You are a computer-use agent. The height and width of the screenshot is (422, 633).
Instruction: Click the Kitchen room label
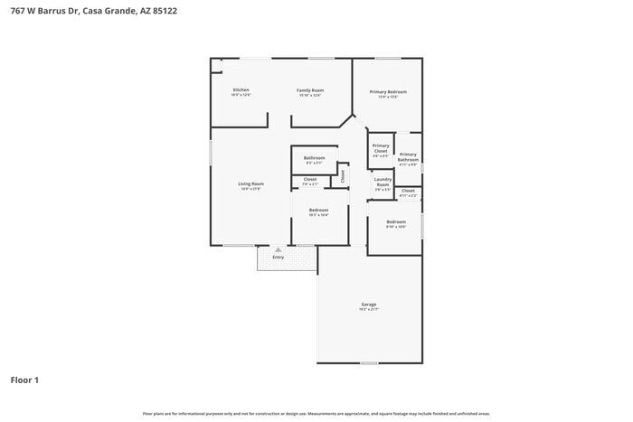241,90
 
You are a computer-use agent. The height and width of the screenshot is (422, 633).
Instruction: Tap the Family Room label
311,90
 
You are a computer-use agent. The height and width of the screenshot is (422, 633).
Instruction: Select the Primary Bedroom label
388,91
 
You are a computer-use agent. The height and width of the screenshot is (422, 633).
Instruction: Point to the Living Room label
250,184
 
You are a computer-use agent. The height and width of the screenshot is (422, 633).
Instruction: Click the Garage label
369,305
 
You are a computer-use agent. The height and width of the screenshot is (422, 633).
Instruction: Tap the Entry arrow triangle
279,249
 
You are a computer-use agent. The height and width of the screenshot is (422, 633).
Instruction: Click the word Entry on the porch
279,258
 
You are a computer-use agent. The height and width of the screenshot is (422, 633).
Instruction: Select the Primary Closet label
381,148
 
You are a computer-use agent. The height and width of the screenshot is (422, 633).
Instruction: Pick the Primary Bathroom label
409,156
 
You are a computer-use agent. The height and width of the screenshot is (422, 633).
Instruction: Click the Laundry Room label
383,182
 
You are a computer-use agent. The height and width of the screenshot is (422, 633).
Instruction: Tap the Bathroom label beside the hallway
314,158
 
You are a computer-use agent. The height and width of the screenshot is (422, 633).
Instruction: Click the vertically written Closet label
343,175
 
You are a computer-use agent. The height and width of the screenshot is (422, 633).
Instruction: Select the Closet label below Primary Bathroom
409,191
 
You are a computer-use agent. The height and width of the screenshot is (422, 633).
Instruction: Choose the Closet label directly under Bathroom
310,180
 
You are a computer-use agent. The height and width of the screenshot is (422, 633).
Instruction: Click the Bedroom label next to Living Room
318,210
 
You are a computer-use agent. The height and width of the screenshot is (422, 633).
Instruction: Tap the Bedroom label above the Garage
396,221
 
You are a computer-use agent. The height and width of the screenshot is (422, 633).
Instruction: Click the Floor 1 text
24,380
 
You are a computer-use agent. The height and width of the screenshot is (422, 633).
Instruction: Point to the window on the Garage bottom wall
369,363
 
